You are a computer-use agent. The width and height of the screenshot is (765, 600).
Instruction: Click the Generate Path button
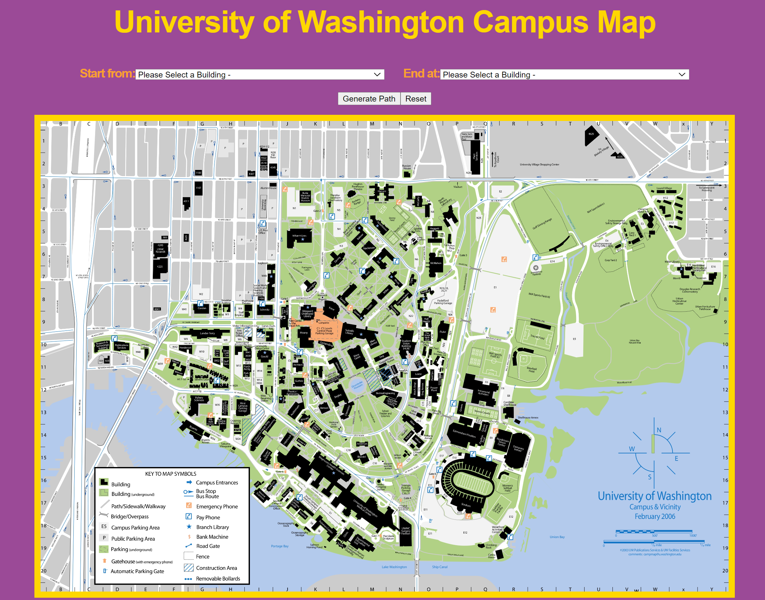tap(369, 99)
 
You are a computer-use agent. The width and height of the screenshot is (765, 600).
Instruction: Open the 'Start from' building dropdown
tap(259, 75)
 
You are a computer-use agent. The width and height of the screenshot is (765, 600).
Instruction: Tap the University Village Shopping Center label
tap(539, 164)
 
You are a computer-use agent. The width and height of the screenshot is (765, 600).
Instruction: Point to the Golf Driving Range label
tap(542, 224)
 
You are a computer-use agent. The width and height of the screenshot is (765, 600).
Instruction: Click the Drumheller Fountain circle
tap(357, 385)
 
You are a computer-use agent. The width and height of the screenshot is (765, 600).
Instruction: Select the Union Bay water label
tap(557, 537)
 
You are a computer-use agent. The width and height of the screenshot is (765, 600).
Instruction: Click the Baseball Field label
tap(532, 369)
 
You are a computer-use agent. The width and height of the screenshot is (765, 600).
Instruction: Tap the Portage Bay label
tap(279, 546)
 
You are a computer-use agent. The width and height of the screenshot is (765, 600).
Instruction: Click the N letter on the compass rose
tap(659, 430)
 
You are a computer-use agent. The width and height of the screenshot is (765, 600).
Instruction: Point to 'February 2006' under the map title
tap(655, 516)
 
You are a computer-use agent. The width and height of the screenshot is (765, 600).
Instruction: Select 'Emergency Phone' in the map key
tap(216, 506)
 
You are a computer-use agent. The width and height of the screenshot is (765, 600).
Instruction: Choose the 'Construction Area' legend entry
tap(216, 568)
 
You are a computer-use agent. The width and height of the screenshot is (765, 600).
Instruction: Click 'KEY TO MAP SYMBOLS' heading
tap(170, 474)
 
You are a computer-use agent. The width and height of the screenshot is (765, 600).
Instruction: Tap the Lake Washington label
tap(394, 567)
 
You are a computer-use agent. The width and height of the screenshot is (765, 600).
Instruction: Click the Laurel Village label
tap(664, 188)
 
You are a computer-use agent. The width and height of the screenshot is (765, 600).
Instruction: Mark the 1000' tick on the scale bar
tap(692, 535)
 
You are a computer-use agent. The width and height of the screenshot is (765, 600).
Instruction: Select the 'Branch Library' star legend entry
tap(212, 527)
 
